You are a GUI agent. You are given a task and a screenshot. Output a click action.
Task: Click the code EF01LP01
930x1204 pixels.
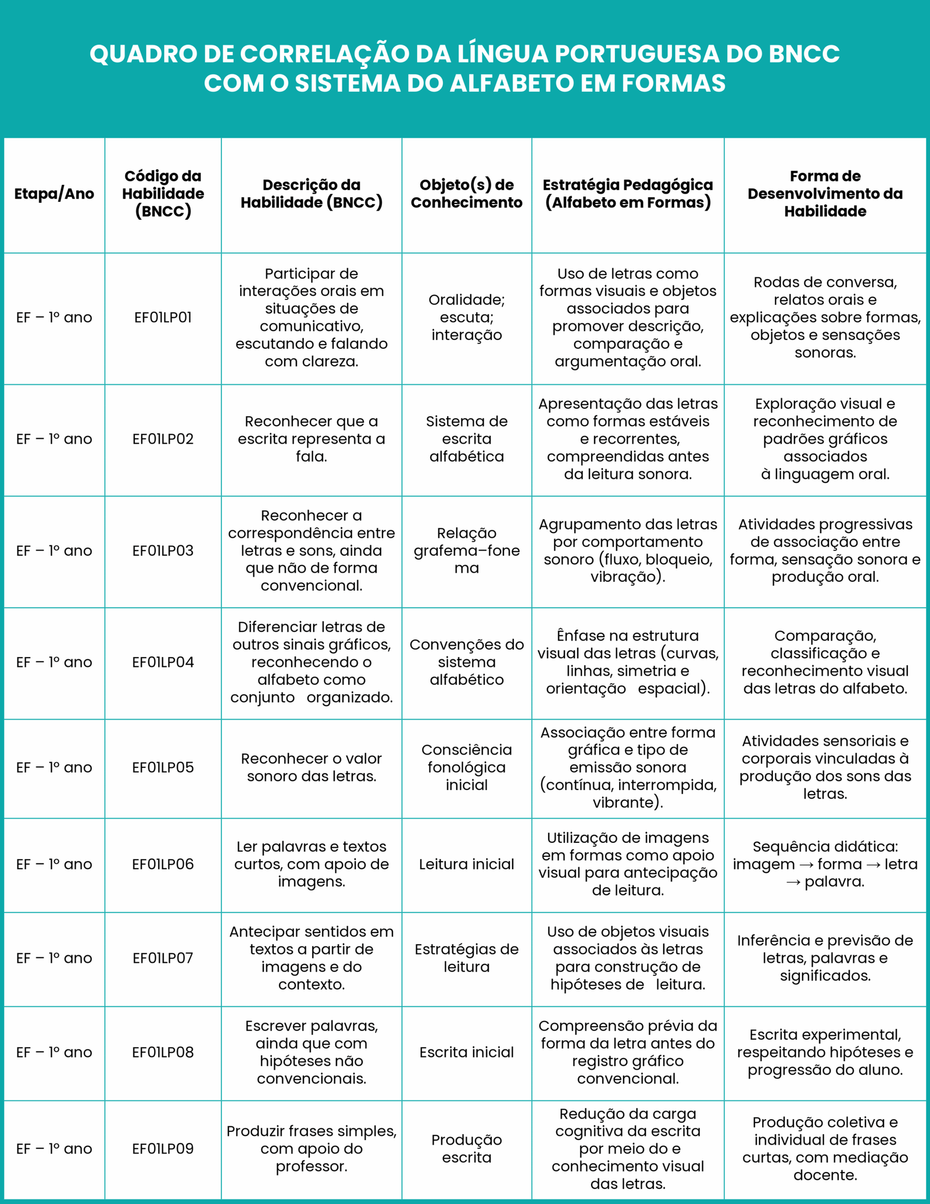click(163, 317)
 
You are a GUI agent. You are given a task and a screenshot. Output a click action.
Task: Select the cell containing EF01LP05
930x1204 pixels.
click(163, 767)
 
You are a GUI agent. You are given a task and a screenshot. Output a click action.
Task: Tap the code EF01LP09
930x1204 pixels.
click(163, 1148)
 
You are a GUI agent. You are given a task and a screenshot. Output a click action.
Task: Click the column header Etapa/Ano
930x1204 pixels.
click(54, 194)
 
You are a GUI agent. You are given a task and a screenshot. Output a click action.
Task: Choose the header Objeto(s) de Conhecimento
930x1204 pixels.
click(466, 194)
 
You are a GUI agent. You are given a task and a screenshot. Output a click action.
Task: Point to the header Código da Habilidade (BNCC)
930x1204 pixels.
click(163, 194)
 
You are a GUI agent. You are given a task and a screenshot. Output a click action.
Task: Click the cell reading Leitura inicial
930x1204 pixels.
click(466, 864)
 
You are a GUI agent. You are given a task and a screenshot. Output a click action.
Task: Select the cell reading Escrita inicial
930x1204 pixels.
click(466, 1052)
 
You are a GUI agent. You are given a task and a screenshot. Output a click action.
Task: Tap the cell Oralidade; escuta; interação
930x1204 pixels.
click(466, 317)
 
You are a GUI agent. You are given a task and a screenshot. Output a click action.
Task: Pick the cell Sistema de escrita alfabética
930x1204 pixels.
click(466, 439)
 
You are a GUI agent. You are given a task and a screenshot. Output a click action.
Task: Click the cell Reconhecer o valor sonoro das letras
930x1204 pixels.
click(311, 767)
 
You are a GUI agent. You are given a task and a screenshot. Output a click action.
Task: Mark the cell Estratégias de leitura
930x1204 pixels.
click(466, 958)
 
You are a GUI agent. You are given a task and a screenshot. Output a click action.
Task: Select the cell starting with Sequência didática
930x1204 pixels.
click(825, 864)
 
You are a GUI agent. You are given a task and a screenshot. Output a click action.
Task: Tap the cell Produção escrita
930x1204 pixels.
click(466, 1148)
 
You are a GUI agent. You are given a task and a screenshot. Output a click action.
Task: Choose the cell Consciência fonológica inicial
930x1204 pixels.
click(466, 767)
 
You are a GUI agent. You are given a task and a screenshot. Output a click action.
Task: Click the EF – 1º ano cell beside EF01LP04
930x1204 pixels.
click(54, 662)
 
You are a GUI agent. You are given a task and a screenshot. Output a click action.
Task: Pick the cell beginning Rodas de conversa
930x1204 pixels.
click(825, 317)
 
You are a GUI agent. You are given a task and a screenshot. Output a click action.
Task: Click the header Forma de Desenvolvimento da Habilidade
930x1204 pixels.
click(825, 194)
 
